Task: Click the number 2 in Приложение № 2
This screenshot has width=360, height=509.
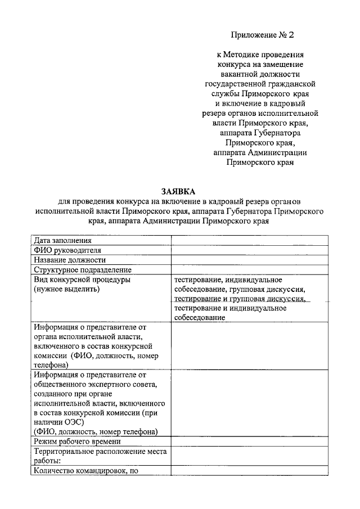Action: (x=291, y=35)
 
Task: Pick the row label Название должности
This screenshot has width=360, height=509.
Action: (x=69, y=260)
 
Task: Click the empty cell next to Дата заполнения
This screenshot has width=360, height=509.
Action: (x=249, y=241)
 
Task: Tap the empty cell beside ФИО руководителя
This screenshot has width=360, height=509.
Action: (x=249, y=250)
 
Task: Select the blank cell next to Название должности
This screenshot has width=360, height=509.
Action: (x=249, y=260)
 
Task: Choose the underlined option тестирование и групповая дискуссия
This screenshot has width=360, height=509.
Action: (x=239, y=299)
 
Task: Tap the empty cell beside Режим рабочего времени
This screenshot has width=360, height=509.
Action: (x=249, y=442)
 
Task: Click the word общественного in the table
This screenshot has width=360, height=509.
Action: (x=62, y=385)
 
